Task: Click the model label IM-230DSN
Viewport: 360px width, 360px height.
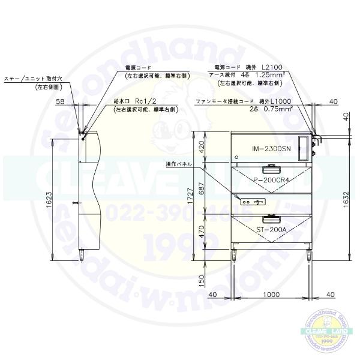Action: [272, 148]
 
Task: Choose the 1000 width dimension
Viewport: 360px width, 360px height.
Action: [272, 295]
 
